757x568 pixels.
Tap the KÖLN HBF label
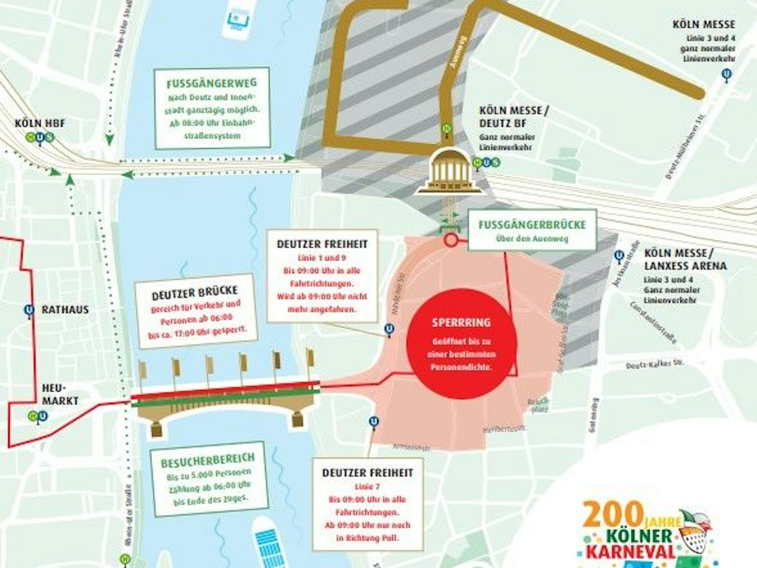click(x=40, y=123)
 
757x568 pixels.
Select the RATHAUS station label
click(x=65, y=309)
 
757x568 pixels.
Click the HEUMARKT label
click(x=60, y=394)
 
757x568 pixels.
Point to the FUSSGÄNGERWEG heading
click(x=212, y=83)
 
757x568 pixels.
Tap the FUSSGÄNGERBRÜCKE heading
click(x=532, y=225)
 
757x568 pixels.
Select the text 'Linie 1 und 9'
click(x=322, y=258)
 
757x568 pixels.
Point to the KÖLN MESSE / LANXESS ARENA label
click(x=685, y=259)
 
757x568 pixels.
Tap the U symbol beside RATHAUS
click(x=29, y=310)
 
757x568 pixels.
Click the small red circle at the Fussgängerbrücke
click(x=451, y=240)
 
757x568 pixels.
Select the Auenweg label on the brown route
click(x=457, y=52)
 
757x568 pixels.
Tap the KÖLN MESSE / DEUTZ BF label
click(x=514, y=117)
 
